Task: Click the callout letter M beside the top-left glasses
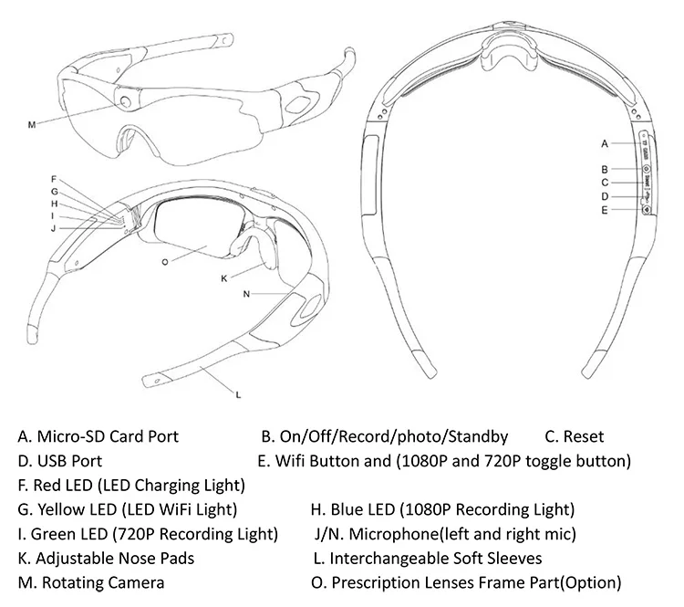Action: click(31, 124)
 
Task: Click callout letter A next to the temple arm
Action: click(604, 143)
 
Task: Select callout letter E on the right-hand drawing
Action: click(604, 210)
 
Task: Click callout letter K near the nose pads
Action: click(223, 277)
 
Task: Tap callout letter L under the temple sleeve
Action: click(238, 395)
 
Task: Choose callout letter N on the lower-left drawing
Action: click(246, 294)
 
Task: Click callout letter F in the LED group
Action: click(54, 178)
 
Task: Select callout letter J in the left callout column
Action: click(54, 227)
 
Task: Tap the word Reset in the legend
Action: click(584, 436)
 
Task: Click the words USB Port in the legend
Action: click(71, 461)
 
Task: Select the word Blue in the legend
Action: click(347, 508)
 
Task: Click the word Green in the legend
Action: click(51, 533)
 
